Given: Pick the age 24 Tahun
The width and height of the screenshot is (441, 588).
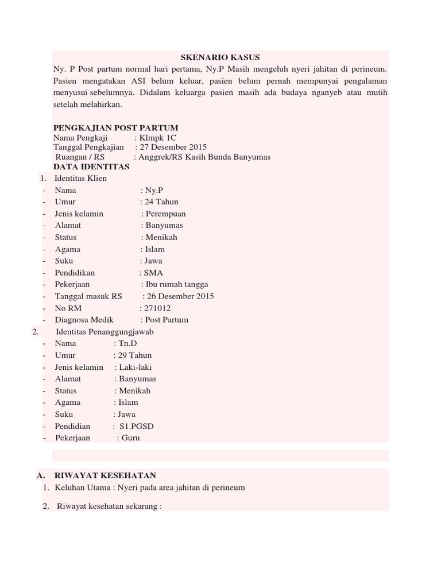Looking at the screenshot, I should coord(161,202).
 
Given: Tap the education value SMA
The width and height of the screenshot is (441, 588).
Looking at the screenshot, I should coord(153,273).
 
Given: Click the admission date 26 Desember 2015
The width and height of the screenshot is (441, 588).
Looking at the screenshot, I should coord(181,296).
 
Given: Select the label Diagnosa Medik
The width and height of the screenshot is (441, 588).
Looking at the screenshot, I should coord(84,320).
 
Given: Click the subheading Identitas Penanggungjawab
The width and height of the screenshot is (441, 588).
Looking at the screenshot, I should coord(105,332).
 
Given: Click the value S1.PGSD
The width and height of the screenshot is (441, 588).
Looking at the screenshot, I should coord(136,426).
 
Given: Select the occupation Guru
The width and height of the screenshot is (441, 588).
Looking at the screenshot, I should coord(131,438).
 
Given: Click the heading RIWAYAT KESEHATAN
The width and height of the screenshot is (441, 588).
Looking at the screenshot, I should coord(105,475).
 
